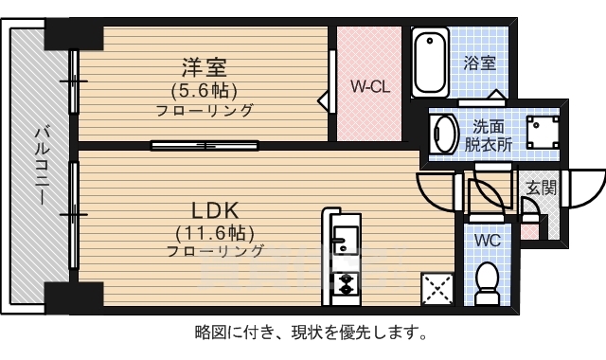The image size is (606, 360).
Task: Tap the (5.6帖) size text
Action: coord(205,91)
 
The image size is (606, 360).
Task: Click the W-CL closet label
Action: coord(370,85)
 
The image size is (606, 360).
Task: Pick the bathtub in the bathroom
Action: coord(430,62)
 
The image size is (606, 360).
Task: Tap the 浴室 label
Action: coord(480,63)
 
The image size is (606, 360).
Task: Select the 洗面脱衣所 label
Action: coord(488,135)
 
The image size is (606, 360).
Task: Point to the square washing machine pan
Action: coord(540,133)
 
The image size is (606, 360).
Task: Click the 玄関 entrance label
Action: coord(543,189)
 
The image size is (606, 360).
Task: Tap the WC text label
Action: coord(487,240)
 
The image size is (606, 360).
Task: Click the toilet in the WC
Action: coord(487,282)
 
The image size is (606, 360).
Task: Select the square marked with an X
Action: coord(437,287)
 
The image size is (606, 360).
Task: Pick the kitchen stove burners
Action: coord(344,282)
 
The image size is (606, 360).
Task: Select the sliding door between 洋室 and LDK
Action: coord(204,145)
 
